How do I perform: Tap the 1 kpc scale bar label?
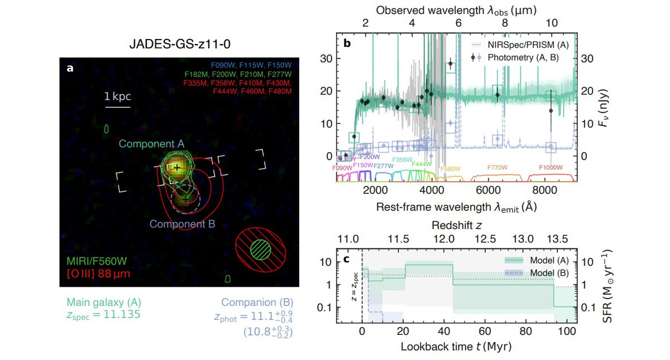(117, 97)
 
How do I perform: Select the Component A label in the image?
(151, 144)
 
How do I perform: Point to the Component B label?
(186, 224)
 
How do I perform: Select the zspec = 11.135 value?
(100, 315)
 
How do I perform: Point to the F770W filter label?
(497, 167)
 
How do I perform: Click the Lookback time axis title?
(456, 346)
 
